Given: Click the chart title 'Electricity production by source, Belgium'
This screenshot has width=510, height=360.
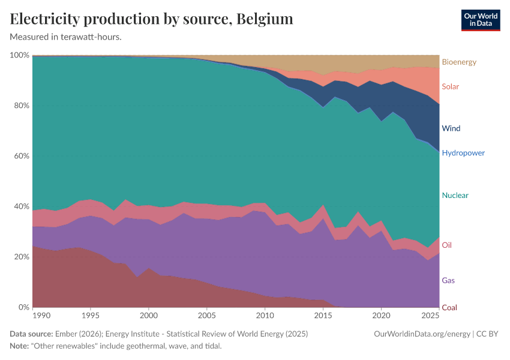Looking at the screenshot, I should (x=151, y=19).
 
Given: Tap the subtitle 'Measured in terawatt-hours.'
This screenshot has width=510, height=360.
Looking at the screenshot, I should (x=66, y=37).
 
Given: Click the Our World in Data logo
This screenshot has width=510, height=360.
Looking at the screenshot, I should (x=480, y=20).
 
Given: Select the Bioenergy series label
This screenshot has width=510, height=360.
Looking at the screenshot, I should (x=459, y=62).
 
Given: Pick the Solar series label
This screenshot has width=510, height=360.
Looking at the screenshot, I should (x=450, y=86).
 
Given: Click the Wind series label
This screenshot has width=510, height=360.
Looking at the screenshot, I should (x=451, y=128).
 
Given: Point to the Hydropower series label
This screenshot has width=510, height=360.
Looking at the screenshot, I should (x=463, y=153).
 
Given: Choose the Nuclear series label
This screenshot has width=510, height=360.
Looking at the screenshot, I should (x=455, y=196).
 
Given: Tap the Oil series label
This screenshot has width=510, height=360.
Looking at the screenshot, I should (x=447, y=245).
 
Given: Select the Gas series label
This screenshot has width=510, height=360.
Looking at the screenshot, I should (x=448, y=280).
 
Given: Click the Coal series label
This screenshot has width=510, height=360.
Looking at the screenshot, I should (x=449, y=308).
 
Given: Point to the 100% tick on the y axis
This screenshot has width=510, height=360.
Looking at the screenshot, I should (x=20, y=55).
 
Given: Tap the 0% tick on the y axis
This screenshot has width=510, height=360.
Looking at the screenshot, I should (x=23, y=307).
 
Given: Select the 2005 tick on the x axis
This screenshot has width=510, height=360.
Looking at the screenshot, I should (x=206, y=315).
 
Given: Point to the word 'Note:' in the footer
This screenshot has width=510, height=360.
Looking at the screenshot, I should (x=20, y=346).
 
